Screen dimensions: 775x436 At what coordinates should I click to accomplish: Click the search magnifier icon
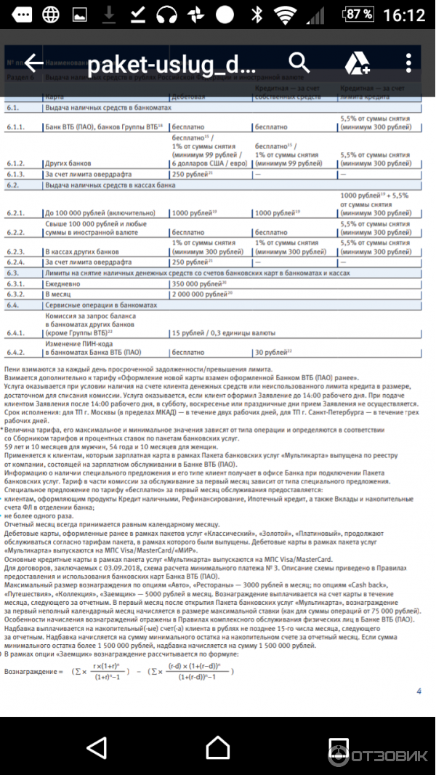pos(298,63)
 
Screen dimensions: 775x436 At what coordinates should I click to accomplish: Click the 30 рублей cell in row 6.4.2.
pos(273,352)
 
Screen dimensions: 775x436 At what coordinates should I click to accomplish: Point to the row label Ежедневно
pos(65,283)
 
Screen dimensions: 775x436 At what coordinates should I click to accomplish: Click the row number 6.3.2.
pos(16,294)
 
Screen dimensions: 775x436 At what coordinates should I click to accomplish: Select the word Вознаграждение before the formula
pos(33,670)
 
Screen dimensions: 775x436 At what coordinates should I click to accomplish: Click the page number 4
pos(419,691)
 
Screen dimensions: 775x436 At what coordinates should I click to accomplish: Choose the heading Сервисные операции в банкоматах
pos(101,305)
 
